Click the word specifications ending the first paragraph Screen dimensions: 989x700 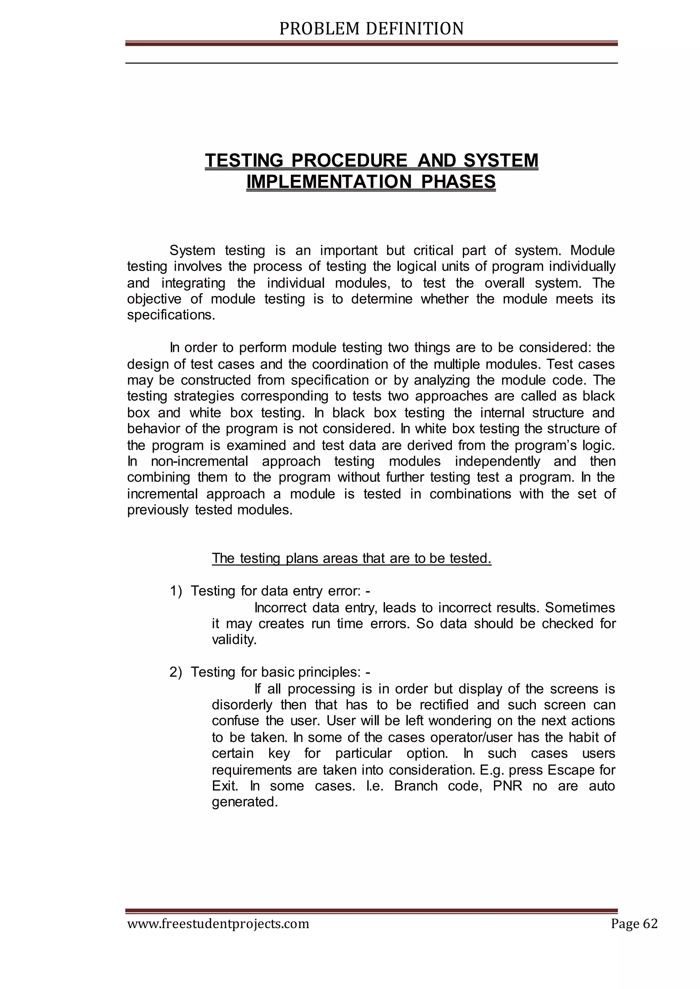point(170,315)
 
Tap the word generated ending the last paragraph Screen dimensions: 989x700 point(244,802)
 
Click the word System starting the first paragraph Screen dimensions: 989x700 point(192,250)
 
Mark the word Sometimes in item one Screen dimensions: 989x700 point(580,607)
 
